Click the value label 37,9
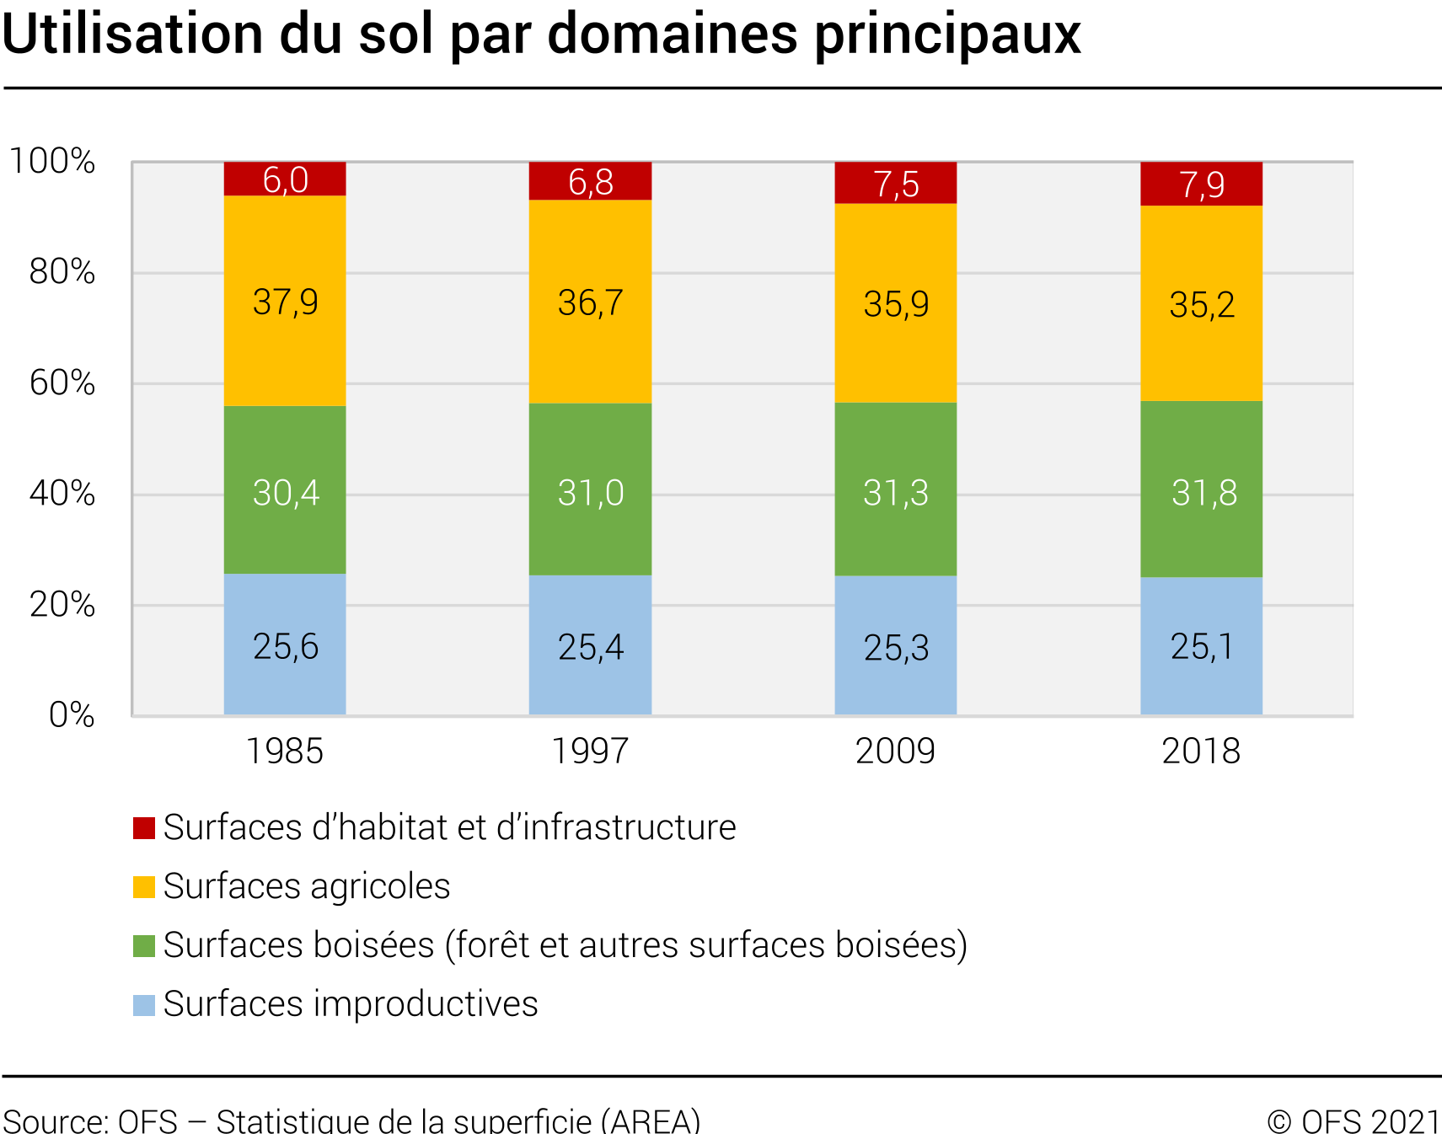[x=286, y=302]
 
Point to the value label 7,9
[x=1201, y=185]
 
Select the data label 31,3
[x=895, y=493]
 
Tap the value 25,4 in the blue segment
[x=590, y=647]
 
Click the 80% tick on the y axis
[x=62, y=272]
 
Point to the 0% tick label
[x=72, y=714]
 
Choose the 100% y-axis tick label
[x=52, y=161]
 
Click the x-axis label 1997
[x=590, y=751]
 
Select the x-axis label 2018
[x=1201, y=751]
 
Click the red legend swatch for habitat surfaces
[x=144, y=828]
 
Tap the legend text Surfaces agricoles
[x=307, y=886]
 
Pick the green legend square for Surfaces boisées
[x=144, y=945]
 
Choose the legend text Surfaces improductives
[x=351, y=1004]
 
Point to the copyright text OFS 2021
[x=1370, y=1121]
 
